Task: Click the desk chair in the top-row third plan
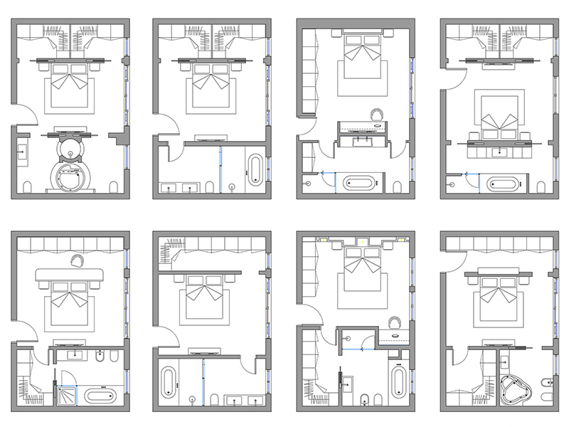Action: point(377,113)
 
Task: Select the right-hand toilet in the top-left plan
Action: point(114,186)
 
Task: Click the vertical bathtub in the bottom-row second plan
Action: point(169,382)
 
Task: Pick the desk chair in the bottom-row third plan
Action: point(395,323)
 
